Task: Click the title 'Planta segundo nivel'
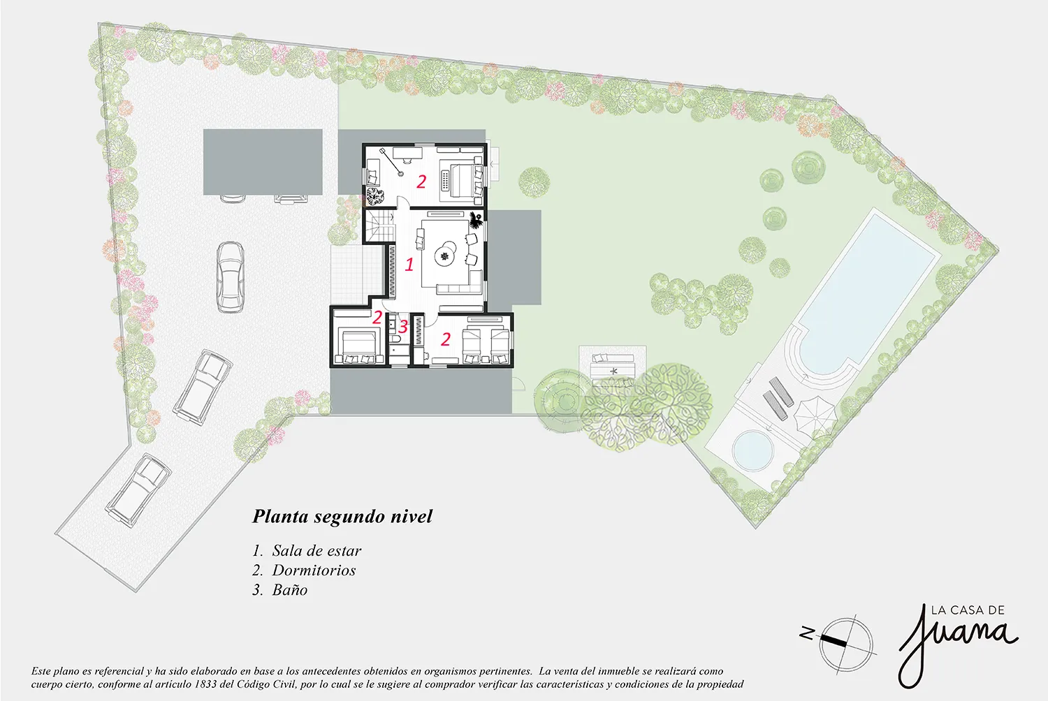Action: (x=342, y=517)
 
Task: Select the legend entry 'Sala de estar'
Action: (x=316, y=550)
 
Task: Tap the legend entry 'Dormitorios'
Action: (x=314, y=570)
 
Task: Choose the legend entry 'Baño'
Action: (x=290, y=590)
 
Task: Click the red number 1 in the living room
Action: (x=409, y=265)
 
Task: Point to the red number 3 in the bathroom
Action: (x=403, y=327)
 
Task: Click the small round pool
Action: (x=752, y=449)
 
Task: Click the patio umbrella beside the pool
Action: (x=814, y=413)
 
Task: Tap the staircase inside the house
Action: (x=379, y=226)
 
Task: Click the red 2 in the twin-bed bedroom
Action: (x=446, y=339)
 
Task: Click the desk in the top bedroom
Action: (x=407, y=153)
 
